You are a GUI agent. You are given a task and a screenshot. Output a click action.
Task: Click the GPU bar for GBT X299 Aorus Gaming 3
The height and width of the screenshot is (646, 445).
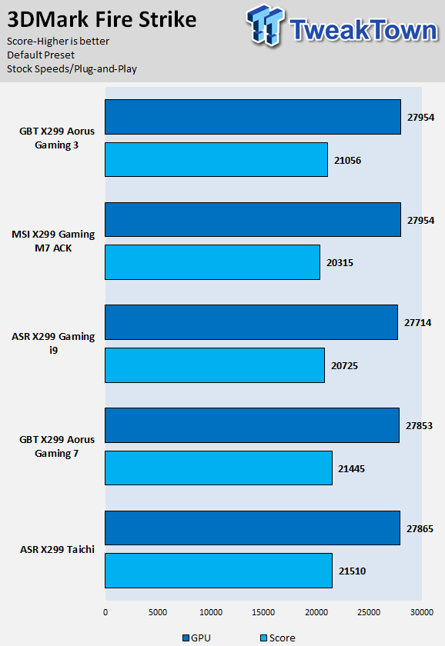[x=253, y=117]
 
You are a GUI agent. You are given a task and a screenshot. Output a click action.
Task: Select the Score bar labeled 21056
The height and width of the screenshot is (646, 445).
[x=216, y=160]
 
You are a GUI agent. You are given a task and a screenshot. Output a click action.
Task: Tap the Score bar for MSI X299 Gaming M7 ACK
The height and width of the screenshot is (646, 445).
[x=212, y=262]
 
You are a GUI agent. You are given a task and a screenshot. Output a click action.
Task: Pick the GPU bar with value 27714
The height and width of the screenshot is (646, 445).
[x=252, y=322]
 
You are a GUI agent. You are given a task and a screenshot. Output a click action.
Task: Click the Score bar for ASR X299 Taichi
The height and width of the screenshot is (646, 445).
[x=219, y=571]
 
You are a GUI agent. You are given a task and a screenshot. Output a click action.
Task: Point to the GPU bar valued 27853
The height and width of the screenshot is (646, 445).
[x=252, y=425]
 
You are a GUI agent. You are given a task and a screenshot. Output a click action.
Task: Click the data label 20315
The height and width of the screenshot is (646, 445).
[x=340, y=263]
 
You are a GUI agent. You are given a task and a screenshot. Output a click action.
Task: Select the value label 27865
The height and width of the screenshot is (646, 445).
[x=420, y=528]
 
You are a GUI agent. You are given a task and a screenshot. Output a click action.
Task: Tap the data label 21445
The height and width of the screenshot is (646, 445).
[x=351, y=469]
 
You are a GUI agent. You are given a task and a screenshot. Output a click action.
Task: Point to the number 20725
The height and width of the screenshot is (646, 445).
[x=344, y=366]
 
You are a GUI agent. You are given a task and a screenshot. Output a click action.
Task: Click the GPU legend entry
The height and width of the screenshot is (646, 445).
[x=197, y=638]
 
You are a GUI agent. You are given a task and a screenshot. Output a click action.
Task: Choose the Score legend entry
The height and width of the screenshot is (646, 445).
[x=278, y=638]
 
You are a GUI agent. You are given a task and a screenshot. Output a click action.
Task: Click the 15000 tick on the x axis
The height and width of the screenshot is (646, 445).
[x=263, y=612]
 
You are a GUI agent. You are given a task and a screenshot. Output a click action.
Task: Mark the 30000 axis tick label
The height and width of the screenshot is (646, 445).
[x=421, y=612]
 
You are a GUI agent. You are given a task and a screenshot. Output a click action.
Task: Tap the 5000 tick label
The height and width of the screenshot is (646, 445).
[x=158, y=612]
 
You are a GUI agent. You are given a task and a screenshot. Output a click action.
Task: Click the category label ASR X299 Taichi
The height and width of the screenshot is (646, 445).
[x=57, y=550]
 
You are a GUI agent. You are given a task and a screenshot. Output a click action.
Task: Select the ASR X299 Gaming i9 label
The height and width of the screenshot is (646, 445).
[x=53, y=343]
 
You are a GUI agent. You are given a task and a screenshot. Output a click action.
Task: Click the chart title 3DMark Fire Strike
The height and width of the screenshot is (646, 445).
[x=102, y=19]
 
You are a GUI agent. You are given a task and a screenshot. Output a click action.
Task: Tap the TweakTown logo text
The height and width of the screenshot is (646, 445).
[x=363, y=30]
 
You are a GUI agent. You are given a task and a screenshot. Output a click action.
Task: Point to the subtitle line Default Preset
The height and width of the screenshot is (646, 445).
[x=41, y=55]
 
